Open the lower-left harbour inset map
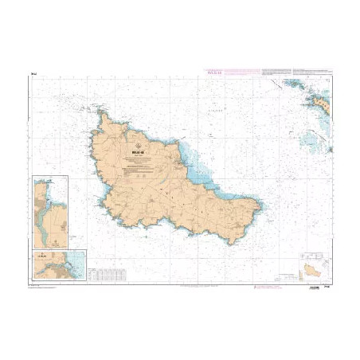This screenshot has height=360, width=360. pos(60,265)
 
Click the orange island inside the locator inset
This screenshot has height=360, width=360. pos(315,270)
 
